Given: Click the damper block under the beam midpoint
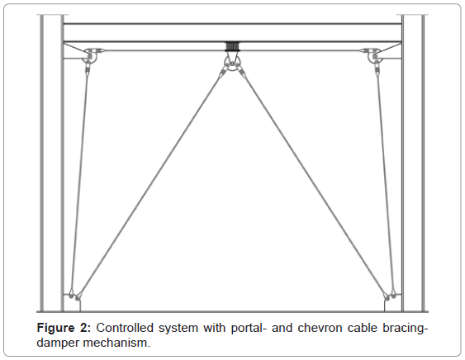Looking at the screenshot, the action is (232, 47).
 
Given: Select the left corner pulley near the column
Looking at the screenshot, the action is (89, 56).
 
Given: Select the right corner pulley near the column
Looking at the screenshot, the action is (374, 56).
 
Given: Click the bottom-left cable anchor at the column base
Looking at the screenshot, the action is (74, 296).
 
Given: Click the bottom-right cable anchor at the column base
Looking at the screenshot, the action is (389, 296).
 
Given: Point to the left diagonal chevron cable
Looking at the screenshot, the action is (150, 184).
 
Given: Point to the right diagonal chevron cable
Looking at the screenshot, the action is (314, 184).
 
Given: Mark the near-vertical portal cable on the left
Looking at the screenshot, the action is (80, 181).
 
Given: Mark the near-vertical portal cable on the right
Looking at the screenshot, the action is (385, 181).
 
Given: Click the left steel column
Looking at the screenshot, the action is (52, 163).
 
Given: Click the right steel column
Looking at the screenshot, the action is (413, 163).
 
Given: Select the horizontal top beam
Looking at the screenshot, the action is (233, 33).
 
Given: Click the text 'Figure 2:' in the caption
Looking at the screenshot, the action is (64, 328).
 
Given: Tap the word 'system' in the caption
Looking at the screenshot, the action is (178, 329).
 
